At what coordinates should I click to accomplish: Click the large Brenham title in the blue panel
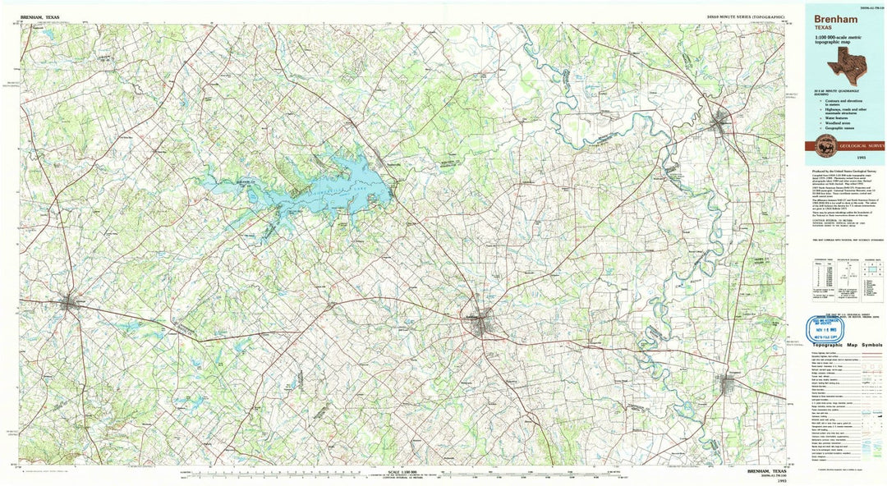pos(835,17)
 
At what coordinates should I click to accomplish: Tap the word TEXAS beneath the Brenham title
pos(823,27)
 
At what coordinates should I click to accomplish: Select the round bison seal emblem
pos(825,147)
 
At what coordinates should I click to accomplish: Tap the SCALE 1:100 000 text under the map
pos(400,472)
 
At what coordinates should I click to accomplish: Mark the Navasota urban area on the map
pos(720,123)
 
